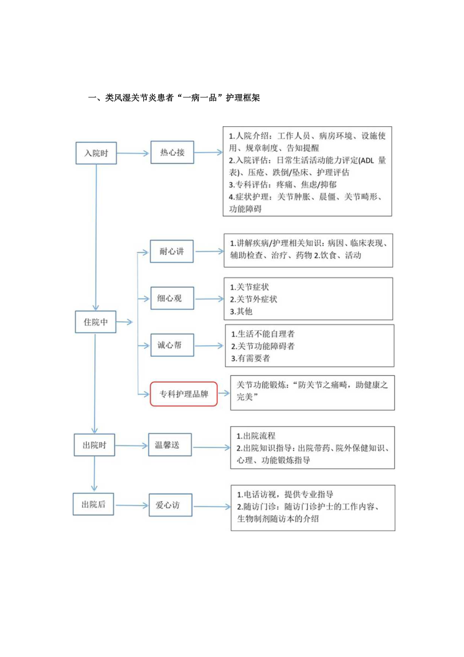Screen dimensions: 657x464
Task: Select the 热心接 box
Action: pyautogui.click(x=172, y=153)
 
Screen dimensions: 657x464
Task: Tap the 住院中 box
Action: pyautogui.click(x=95, y=322)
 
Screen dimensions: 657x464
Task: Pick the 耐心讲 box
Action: pyautogui.click(x=171, y=251)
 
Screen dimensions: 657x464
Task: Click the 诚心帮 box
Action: pyautogui.click(x=172, y=346)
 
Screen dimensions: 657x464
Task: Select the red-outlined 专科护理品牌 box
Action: pyautogui.click(x=184, y=394)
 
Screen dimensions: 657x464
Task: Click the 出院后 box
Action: pyautogui.click(x=94, y=503)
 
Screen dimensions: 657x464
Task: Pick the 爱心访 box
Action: pyautogui.click(x=170, y=504)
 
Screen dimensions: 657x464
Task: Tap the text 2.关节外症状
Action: pyautogui.click(x=253, y=299)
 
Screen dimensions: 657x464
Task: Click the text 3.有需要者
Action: pyautogui.click(x=251, y=359)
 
